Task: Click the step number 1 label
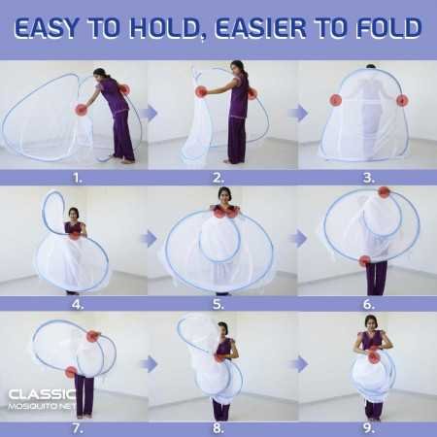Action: pos(77,178)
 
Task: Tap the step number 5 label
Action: pos(219,303)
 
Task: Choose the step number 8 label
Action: pos(218,426)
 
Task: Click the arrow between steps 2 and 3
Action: pos(298,114)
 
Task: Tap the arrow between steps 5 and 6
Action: pos(298,238)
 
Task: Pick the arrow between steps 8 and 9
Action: pos(298,363)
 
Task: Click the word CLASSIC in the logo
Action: pos(41,394)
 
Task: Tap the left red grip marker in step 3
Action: pos(336,100)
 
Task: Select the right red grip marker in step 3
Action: pos(402,100)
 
